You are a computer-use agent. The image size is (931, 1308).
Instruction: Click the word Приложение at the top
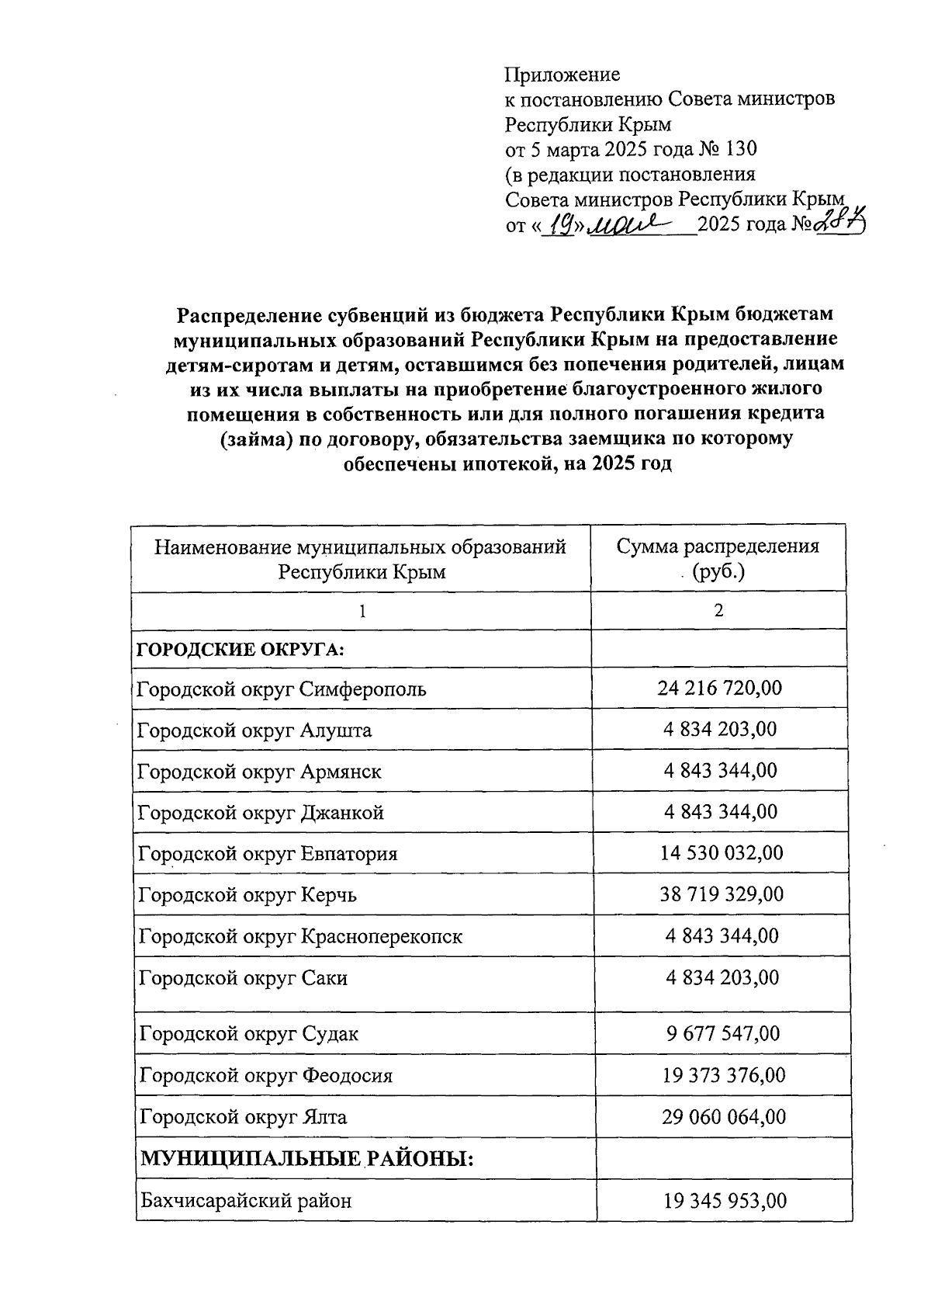562,75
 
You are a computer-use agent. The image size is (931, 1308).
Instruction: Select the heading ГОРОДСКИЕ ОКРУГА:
241,649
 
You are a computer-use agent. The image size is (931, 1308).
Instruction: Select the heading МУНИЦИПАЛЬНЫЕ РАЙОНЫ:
306,1159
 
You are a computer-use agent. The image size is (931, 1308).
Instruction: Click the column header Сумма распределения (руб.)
718,558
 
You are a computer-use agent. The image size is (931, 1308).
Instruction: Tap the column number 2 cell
718,610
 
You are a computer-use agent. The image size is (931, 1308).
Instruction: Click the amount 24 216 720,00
719,688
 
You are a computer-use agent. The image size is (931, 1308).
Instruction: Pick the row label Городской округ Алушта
254,730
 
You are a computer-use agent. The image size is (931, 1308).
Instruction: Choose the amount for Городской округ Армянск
720,770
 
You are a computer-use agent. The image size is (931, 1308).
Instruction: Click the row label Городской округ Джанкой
261,813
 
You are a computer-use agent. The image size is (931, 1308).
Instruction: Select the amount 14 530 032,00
722,853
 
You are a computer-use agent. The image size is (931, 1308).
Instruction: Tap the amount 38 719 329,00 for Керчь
722,894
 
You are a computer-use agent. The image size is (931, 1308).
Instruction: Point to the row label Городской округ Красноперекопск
300,936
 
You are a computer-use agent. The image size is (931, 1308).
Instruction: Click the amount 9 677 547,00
722,1033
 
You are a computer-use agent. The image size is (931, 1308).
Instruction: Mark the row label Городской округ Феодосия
265,1075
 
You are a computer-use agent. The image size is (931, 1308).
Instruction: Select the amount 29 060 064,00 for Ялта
723,1117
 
